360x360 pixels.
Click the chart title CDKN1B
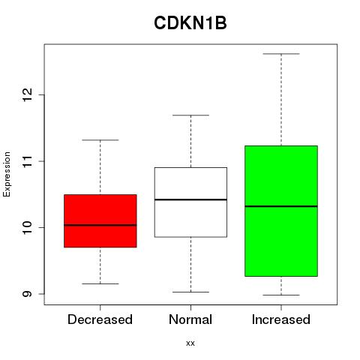tap(190, 23)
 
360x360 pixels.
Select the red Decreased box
tap(100, 221)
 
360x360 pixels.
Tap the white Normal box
tap(190, 202)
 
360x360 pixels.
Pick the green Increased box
tap(281, 211)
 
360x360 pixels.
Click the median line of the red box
tap(100, 225)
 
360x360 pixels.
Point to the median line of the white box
tap(190, 199)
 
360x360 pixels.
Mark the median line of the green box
tap(281, 206)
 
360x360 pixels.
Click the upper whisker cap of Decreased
tap(100, 140)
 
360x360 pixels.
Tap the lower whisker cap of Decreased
tap(100, 283)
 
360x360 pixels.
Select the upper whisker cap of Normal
tap(190, 115)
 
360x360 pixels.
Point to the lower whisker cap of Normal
tap(190, 292)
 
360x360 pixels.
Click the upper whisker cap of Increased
tap(281, 54)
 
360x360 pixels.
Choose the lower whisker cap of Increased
tap(281, 295)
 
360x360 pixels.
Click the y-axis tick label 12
tap(27, 95)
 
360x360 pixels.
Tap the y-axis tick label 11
tap(27, 161)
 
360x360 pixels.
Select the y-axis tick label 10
tap(27, 227)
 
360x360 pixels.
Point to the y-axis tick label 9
tap(27, 294)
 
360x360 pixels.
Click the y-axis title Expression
tap(7, 175)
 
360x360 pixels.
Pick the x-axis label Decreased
tap(100, 319)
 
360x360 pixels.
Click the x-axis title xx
tap(190, 343)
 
